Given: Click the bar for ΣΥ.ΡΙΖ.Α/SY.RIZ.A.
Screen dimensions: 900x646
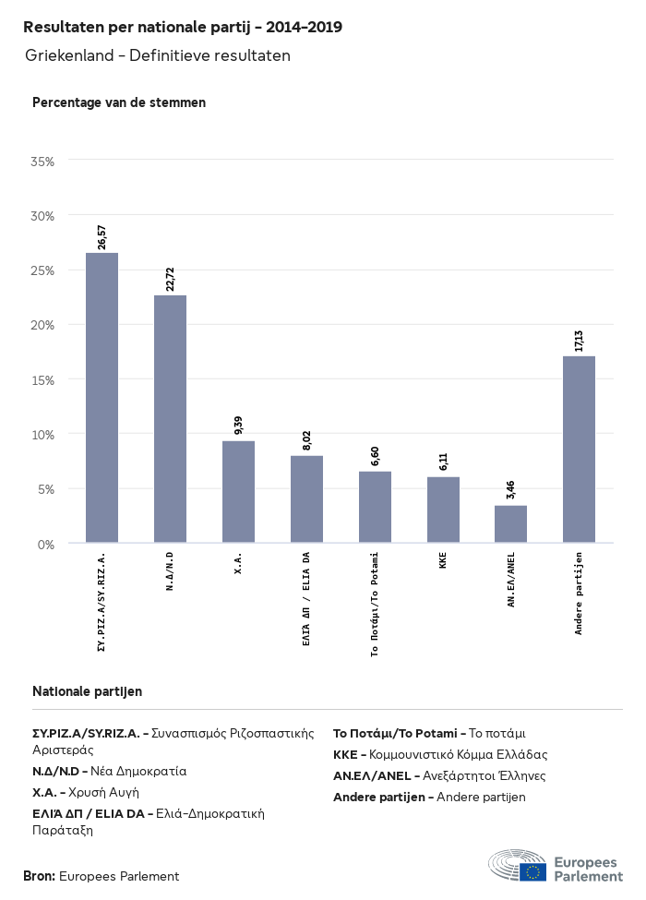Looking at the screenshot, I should [102, 397].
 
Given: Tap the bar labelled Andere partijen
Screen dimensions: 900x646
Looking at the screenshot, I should [579, 449].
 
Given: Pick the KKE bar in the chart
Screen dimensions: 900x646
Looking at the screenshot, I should [443, 510].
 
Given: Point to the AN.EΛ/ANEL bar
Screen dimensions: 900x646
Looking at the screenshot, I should [510, 523].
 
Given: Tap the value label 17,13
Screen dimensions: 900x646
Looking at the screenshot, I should [579, 340].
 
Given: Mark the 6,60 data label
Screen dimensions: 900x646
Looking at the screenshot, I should [375, 456].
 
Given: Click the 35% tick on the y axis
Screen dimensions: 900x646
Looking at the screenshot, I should [43, 162].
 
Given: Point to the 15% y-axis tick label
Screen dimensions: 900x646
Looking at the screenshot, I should [43, 379].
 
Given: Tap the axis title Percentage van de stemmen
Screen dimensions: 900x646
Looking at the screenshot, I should [119, 102].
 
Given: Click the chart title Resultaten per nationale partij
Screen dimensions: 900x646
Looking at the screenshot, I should [183, 27].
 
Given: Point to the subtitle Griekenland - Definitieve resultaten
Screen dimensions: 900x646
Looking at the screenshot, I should [158, 56].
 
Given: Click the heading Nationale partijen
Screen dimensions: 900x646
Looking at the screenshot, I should [87, 690].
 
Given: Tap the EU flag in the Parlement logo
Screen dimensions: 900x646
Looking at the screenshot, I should [532, 871].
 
